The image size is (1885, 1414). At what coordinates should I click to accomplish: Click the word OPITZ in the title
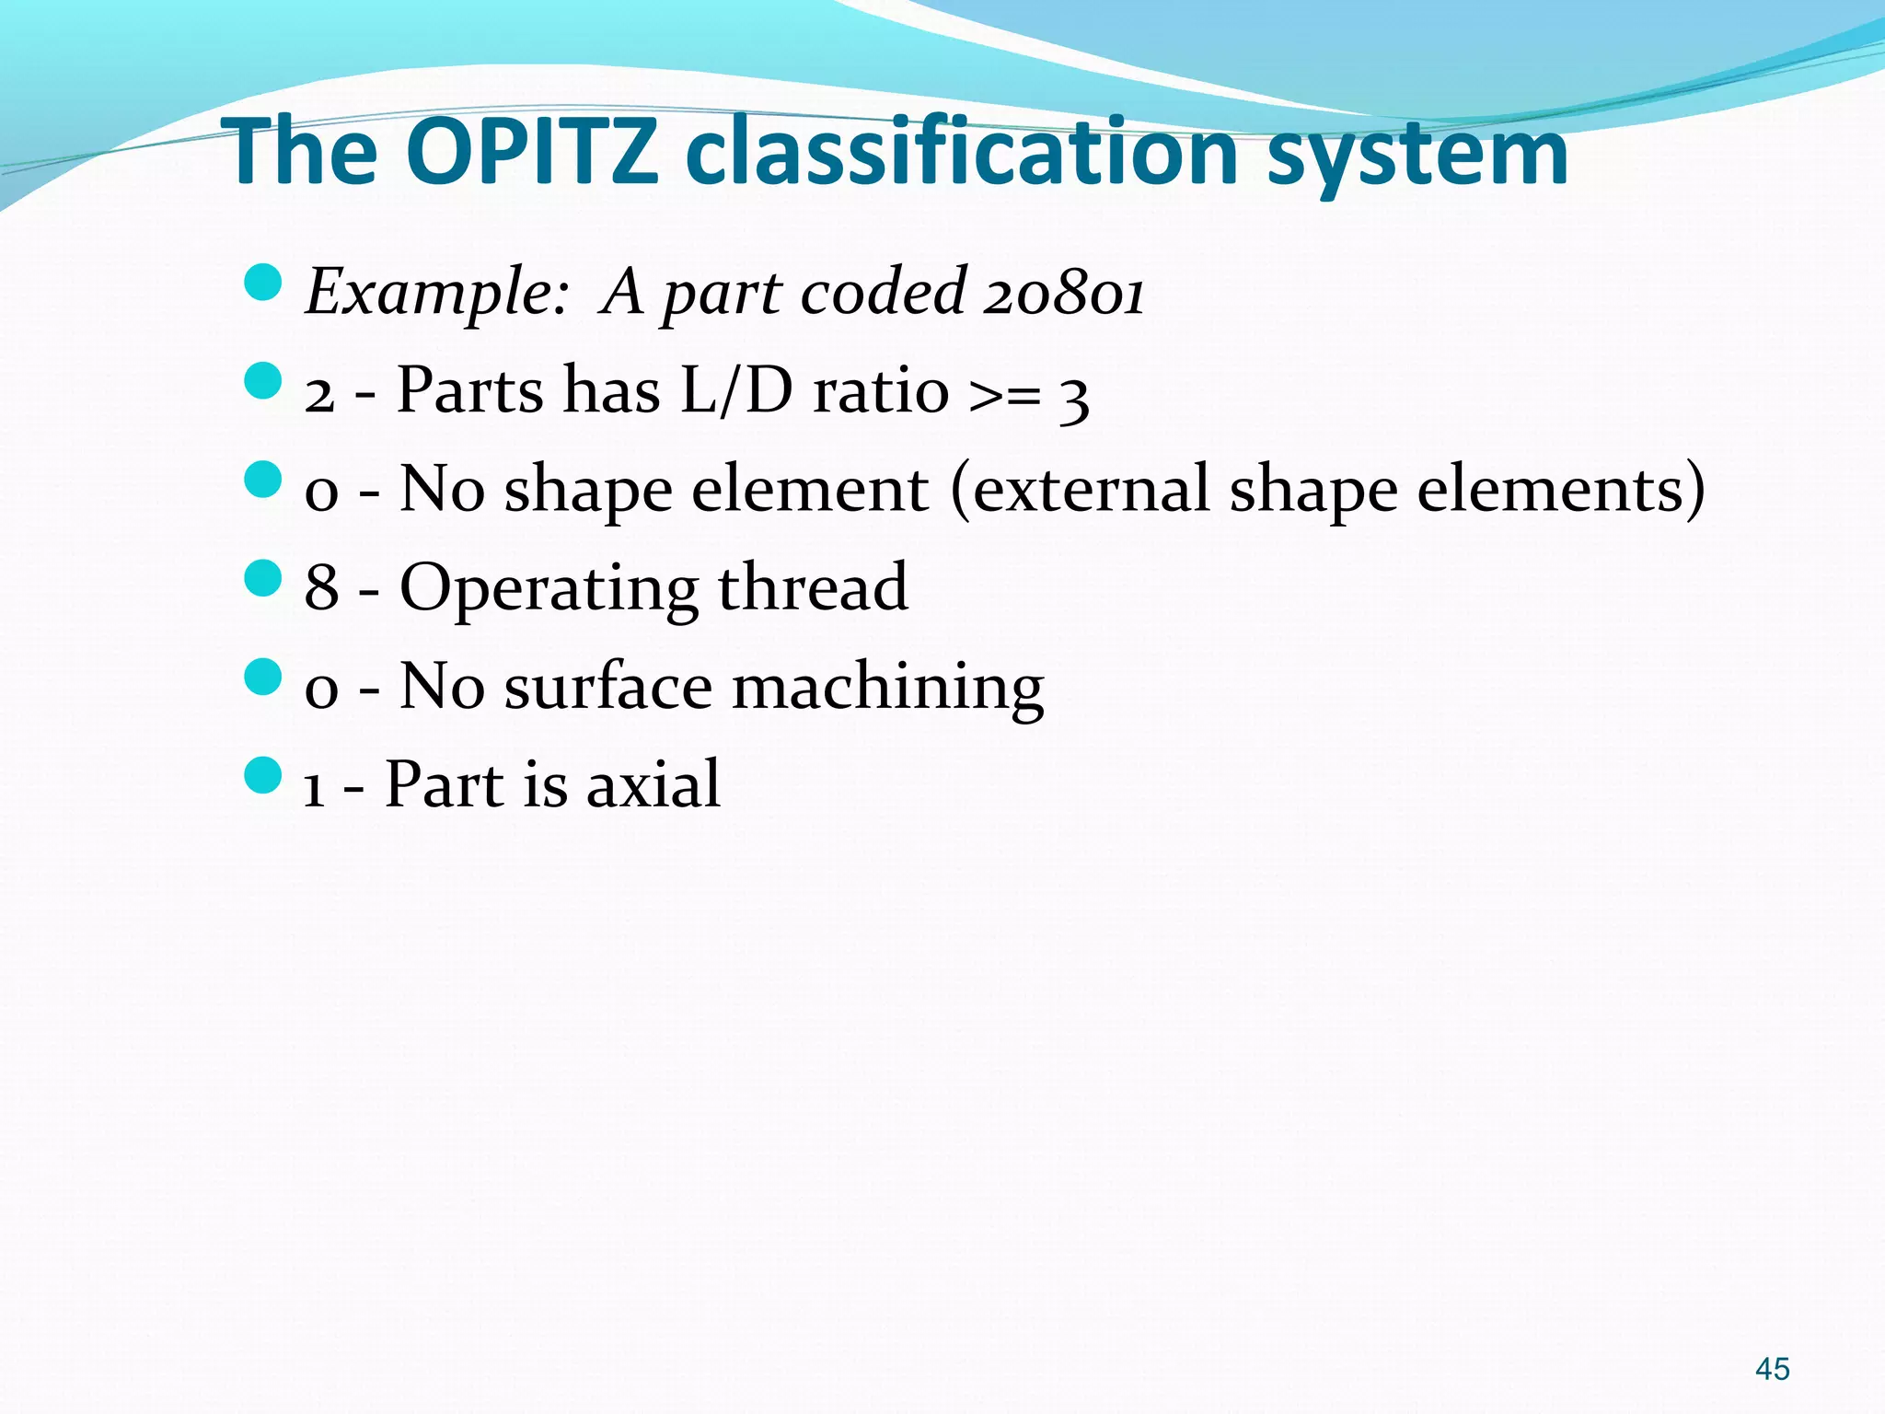click(531, 152)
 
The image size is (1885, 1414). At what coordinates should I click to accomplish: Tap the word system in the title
click(1417, 155)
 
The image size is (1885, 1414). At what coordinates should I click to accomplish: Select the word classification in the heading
click(962, 152)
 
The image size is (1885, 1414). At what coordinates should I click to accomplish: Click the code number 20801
click(1063, 293)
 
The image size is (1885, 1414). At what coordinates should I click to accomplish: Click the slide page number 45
click(1772, 1369)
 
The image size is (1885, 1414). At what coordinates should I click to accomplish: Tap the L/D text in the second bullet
click(736, 390)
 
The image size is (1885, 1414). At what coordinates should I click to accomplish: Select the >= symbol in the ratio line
click(1005, 394)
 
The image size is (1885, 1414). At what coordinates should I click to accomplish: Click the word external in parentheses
click(1091, 489)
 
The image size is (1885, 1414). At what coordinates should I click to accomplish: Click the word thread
click(813, 587)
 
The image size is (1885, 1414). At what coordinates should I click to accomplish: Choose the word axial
click(653, 784)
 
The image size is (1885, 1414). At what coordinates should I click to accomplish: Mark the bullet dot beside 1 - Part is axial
click(263, 776)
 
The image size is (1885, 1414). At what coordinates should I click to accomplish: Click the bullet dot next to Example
click(263, 283)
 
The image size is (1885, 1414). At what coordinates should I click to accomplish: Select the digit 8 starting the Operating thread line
click(321, 587)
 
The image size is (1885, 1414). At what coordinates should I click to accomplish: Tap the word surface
click(607, 687)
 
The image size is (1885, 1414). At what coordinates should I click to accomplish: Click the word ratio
click(881, 390)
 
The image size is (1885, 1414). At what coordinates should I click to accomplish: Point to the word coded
click(883, 293)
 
